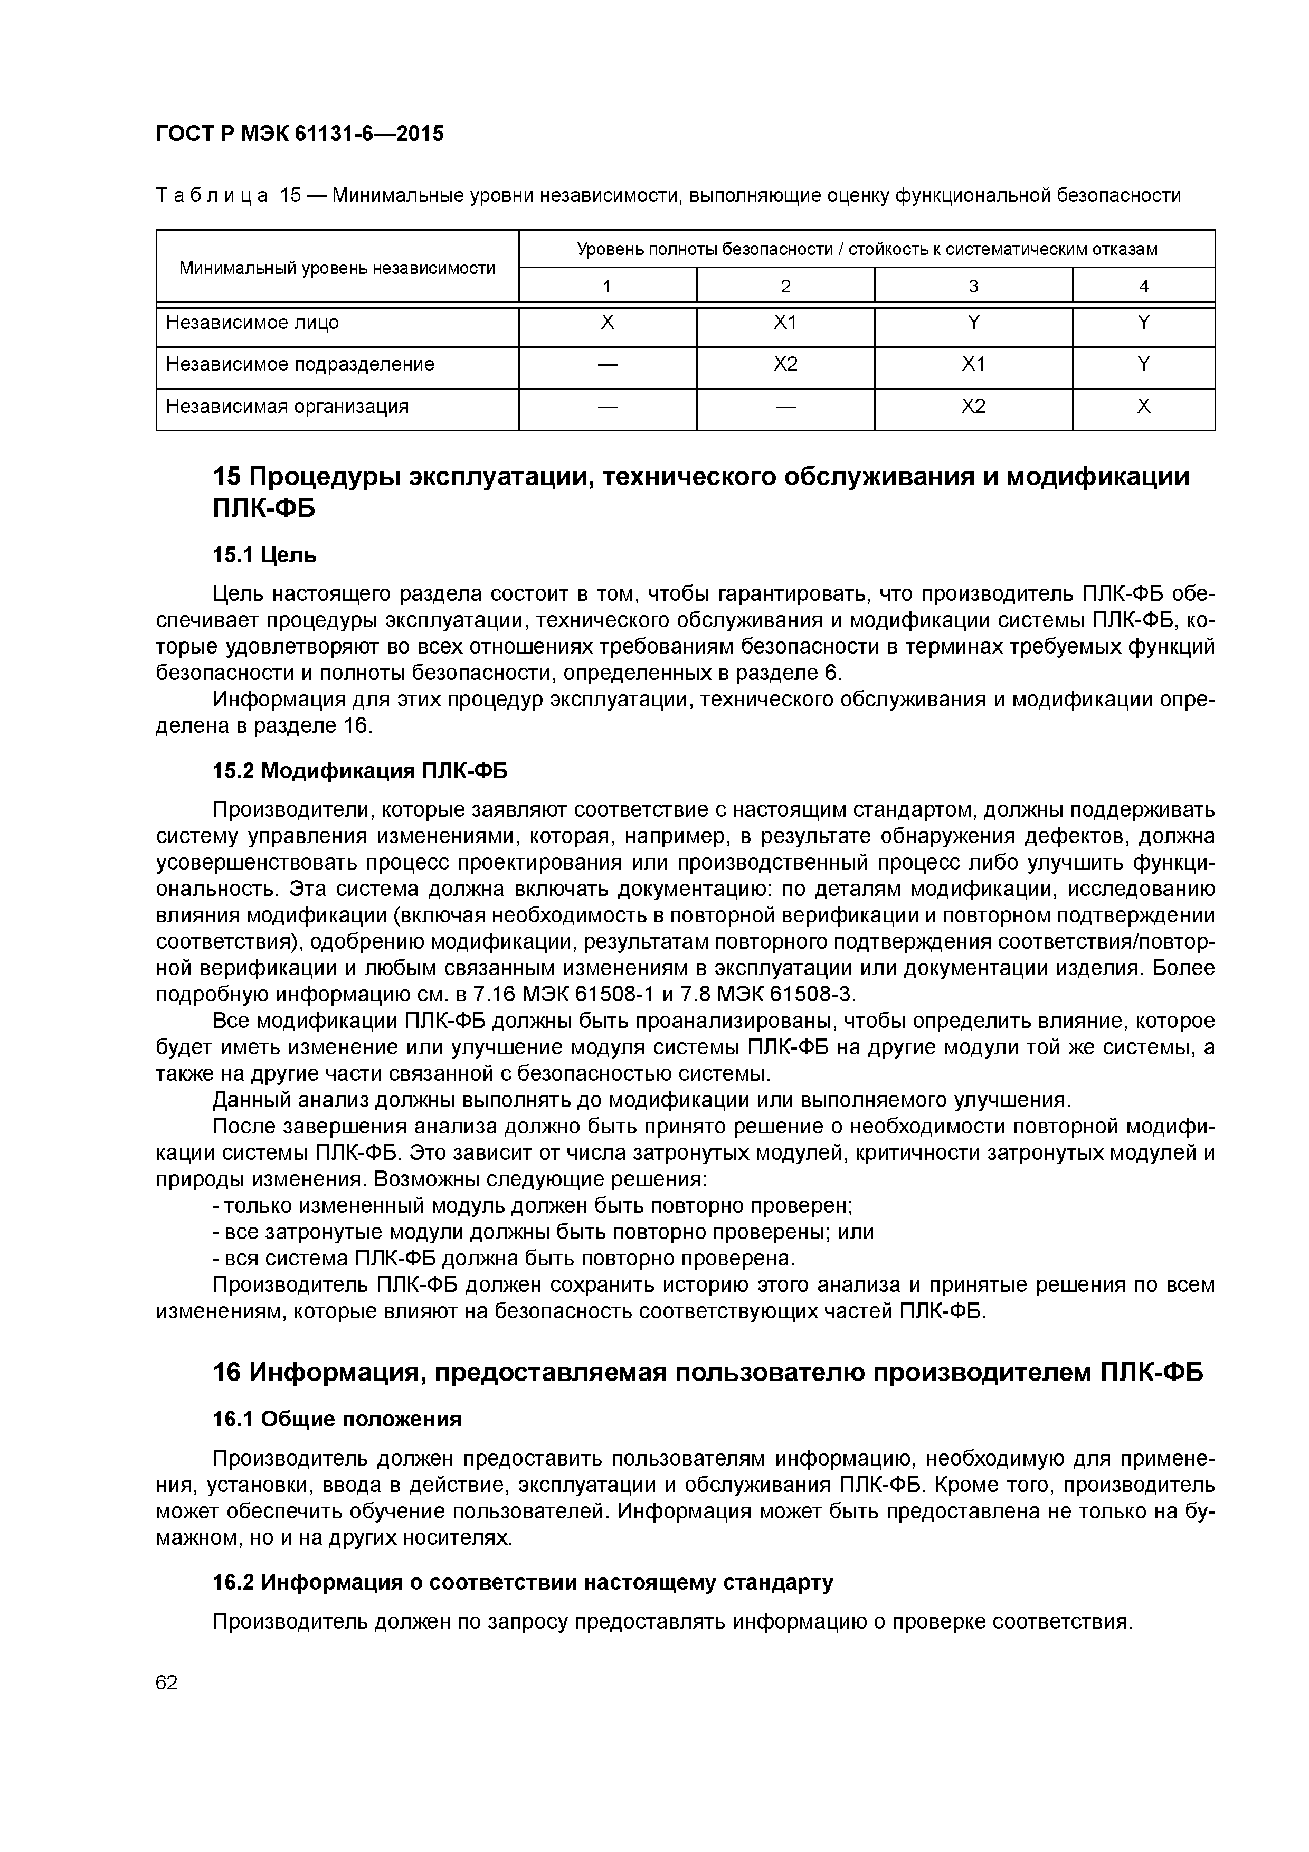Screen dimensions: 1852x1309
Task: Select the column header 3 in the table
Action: (973, 286)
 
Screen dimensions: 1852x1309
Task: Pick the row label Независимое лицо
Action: (252, 323)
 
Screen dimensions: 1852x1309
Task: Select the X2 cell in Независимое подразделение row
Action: (785, 365)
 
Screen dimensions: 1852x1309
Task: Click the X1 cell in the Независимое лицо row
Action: (785, 323)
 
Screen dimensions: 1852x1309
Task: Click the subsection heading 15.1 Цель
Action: (264, 555)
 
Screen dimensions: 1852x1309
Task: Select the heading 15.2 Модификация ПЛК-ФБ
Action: (360, 771)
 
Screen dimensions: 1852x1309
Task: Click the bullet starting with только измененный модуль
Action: (533, 1206)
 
